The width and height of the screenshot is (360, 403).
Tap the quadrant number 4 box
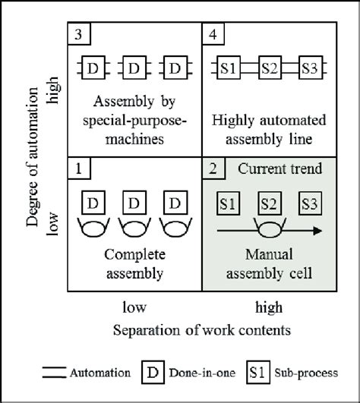[212, 35]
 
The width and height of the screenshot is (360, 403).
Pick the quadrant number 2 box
[212, 166]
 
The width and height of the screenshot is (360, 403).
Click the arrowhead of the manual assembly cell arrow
[317, 231]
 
